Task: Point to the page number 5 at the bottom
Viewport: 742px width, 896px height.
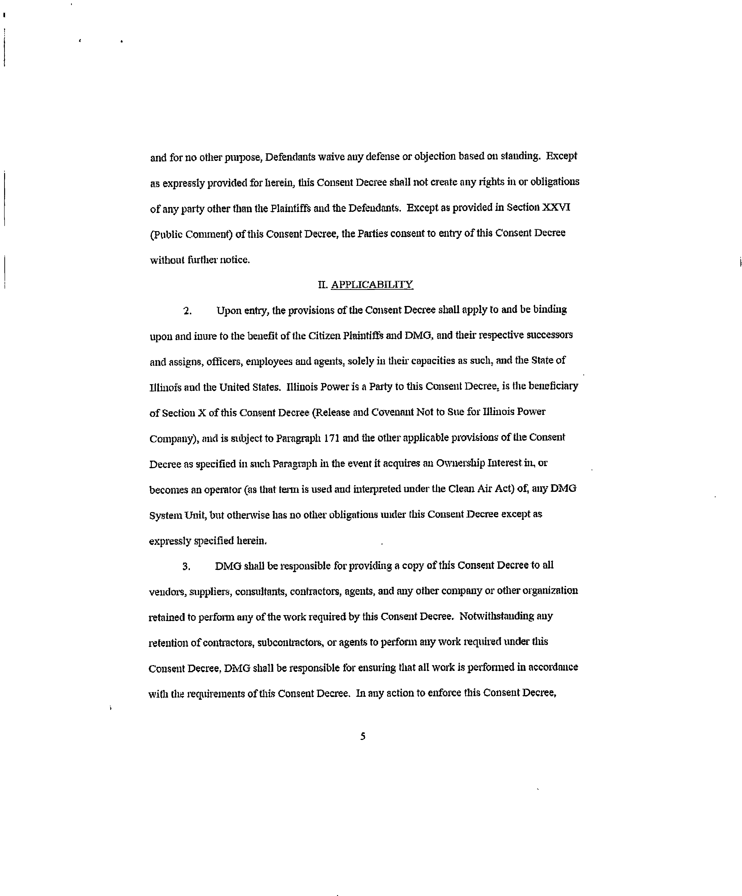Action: point(363,736)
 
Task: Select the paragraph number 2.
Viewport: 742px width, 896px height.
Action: point(187,311)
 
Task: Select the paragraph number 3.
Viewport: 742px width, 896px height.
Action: point(186,567)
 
